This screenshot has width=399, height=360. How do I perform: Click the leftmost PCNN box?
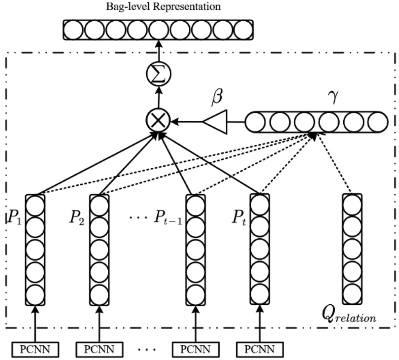[35, 349]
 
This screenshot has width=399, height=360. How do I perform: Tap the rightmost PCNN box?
[259, 349]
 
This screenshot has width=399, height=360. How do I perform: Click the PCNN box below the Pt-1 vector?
[195, 349]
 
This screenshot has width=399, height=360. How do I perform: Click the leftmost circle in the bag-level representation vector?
[74, 30]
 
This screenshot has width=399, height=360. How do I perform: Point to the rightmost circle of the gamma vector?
[377, 122]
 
